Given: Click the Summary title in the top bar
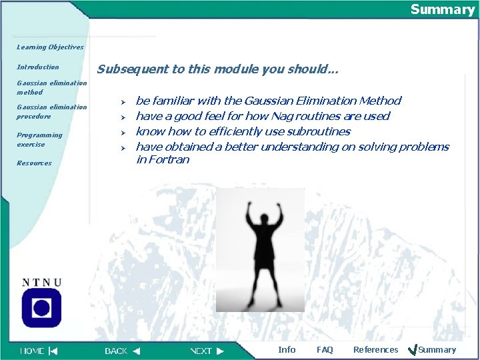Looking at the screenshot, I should tap(442, 9).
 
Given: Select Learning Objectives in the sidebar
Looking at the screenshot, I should tap(50, 47).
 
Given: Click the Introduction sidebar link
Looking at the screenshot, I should tap(38, 67).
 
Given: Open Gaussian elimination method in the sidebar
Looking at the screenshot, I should tap(51, 87).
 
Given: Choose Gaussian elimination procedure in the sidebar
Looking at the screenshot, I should tap(51, 111).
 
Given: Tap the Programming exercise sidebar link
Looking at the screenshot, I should tap(39, 139).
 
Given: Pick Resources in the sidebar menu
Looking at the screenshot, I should tap(34, 163).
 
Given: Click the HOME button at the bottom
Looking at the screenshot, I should tap(39, 351).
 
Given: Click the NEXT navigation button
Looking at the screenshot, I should tap(207, 351).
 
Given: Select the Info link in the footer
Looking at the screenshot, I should tap(287, 350).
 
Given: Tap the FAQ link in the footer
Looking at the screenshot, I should tap(325, 350).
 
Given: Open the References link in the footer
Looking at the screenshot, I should tap(375, 350).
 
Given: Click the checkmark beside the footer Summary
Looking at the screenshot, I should tap(411, 350).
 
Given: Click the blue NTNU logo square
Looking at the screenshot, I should tap(41, 308).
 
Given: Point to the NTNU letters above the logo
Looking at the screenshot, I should tap(41, 282).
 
